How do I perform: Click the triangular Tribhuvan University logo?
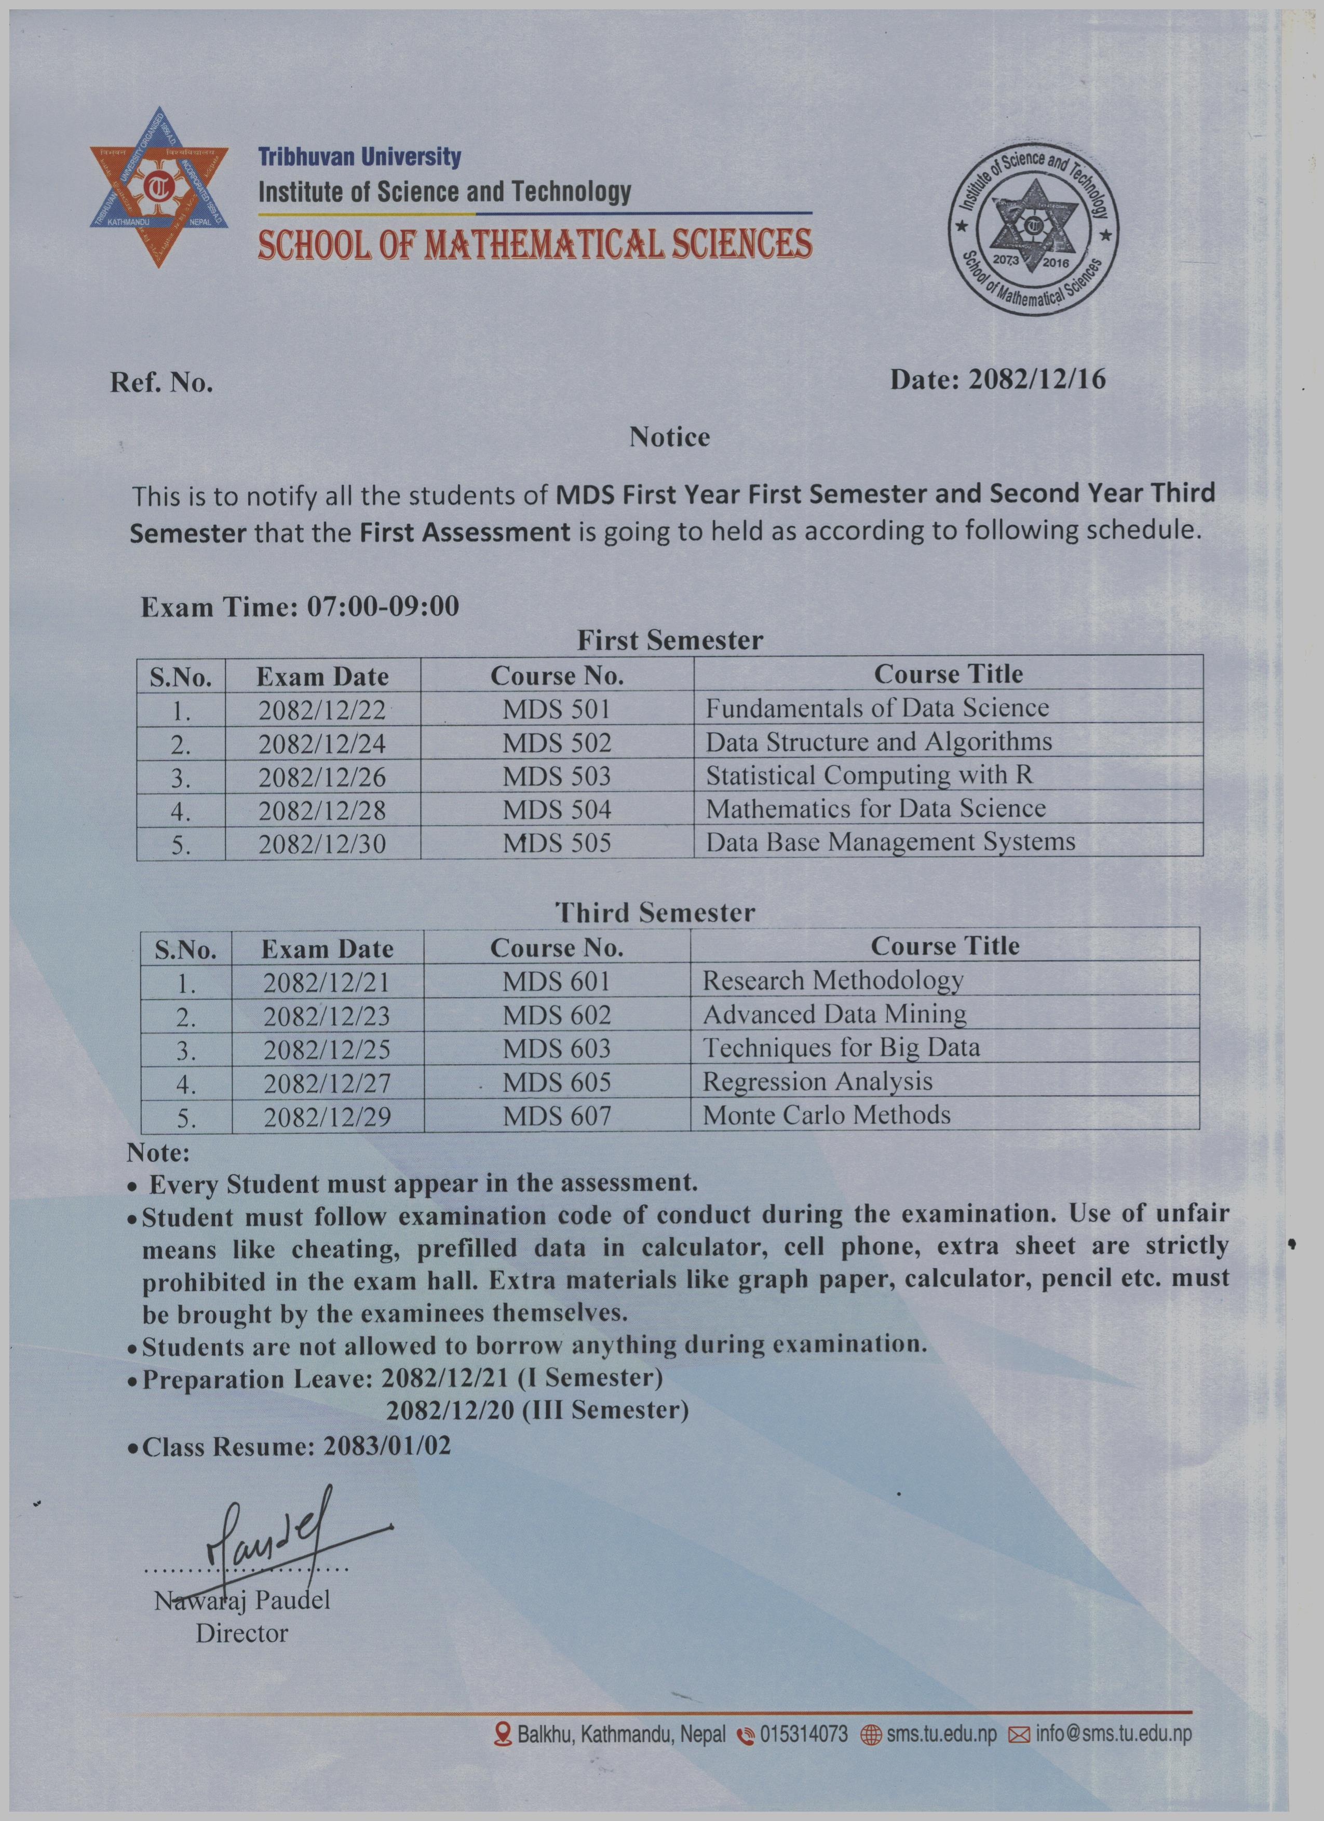159,187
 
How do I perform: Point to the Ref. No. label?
161,383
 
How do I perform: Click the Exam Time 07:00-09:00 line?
300,606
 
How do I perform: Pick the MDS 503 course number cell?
557,776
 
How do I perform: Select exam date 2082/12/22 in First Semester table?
322,710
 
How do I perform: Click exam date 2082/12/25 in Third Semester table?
327,1050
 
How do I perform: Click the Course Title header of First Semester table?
948,674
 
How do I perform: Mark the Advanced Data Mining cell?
834,1014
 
